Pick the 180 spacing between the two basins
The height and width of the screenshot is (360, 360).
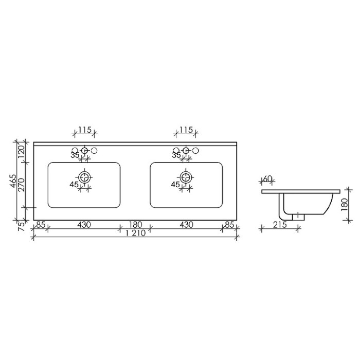(x=135, y=224)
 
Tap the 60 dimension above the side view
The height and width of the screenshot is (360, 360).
(x=267, y=179)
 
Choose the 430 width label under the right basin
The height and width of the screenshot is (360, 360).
(x=186, y=224)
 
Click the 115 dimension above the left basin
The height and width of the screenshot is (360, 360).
(x=85, y=131)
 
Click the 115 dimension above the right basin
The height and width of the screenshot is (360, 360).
(x=186, y=131)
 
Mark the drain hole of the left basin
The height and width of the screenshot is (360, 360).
(x=85, y=176)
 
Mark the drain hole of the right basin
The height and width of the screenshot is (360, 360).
(x=186, y=176)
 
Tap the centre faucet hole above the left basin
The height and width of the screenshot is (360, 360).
(x=85, y=151)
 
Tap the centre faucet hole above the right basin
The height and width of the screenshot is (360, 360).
(x=186, y=151)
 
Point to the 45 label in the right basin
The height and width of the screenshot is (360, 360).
(x=175, y=184)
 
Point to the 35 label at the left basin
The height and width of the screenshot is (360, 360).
(x=75, y=155)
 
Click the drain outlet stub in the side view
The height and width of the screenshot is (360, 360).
(x=296, y=217)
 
